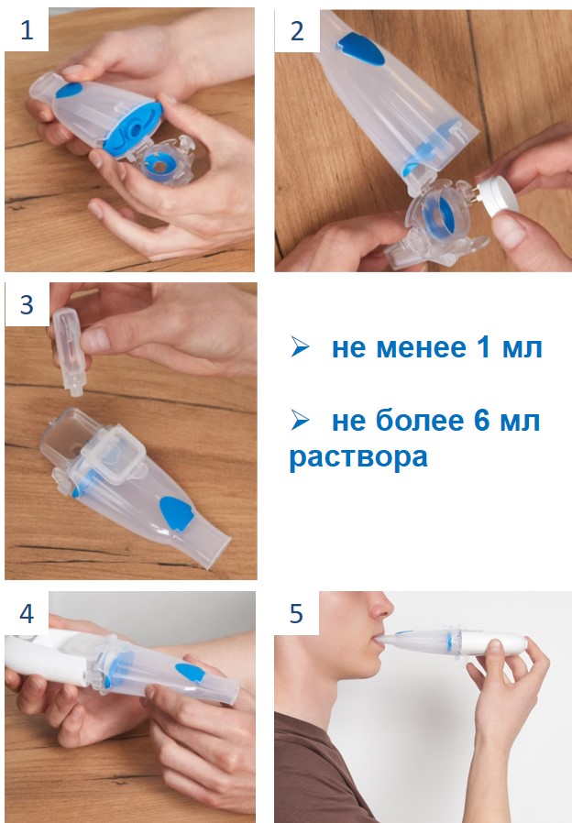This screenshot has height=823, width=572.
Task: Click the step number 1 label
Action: [x=27, y=29]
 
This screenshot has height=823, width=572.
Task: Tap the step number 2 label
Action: [x=296, y=30]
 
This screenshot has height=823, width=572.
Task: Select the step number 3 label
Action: [x=27, y=304]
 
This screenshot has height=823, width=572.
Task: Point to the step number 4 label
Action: [x=27, y=613]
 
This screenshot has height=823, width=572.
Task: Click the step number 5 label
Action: [x=296, y=613]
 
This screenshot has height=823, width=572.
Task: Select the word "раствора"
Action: [x=358, y=457]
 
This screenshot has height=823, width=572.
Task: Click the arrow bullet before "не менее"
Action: [x=300, y=347]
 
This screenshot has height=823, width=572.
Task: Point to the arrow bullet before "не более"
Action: [x=300, y=420]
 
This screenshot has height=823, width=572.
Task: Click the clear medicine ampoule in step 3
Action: [x=68, y=350]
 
